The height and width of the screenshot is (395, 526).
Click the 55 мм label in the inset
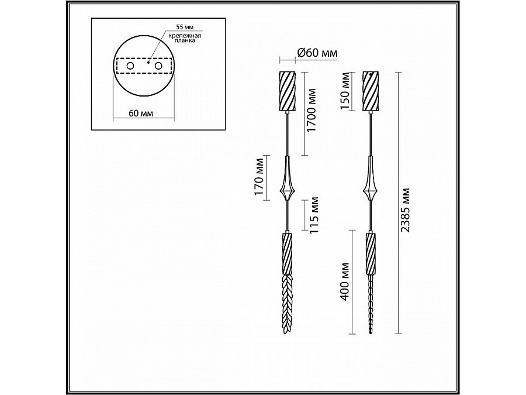click(x=185, y=26)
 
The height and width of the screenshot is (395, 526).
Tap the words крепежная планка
click(x=185, y=38)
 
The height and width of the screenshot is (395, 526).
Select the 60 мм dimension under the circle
click(x=141, y=113)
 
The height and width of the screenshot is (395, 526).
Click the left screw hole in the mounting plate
click(x=130, y=66)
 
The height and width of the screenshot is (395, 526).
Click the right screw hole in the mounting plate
click(x=158, y=66)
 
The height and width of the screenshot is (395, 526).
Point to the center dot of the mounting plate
click(x=148, y=62)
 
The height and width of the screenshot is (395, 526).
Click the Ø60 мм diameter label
click(x=317, y=53)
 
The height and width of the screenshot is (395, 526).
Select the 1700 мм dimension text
click(x=312, y=110)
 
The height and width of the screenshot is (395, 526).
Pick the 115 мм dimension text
click(x=313, y=215)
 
